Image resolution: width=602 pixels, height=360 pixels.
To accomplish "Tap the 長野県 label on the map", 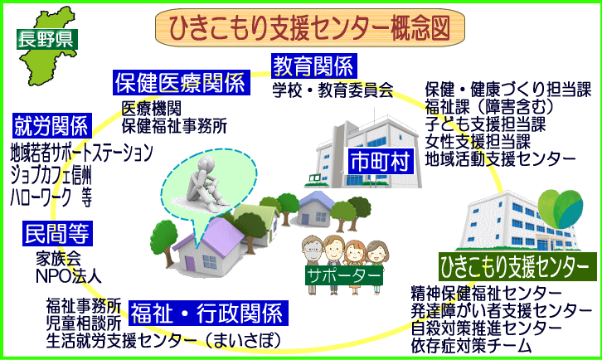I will coord(38,37).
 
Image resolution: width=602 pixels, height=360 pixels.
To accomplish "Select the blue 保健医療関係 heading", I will coord(180,82).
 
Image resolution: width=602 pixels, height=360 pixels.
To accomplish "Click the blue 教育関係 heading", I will coord(313,65).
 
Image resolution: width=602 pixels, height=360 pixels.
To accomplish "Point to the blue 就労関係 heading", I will coord(51,127).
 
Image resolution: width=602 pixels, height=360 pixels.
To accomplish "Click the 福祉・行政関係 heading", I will coord(210,314).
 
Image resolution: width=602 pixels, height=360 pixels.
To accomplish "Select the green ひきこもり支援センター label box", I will coord(517,267).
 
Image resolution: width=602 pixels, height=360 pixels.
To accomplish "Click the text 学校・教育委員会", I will coord(333,89).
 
